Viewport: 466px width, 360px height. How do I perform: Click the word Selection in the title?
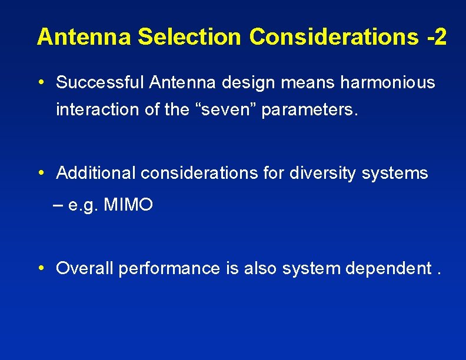pos(190,36)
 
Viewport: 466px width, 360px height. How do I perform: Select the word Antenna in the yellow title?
pos(85,36)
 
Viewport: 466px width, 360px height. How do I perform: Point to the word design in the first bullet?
pos(248,83)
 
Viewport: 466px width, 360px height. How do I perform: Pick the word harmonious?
pos(388,83)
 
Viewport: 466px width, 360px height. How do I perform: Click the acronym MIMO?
pos(128,205)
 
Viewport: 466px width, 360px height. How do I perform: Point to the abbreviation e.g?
pos(83,206)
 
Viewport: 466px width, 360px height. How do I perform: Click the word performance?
pos(169,269)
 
